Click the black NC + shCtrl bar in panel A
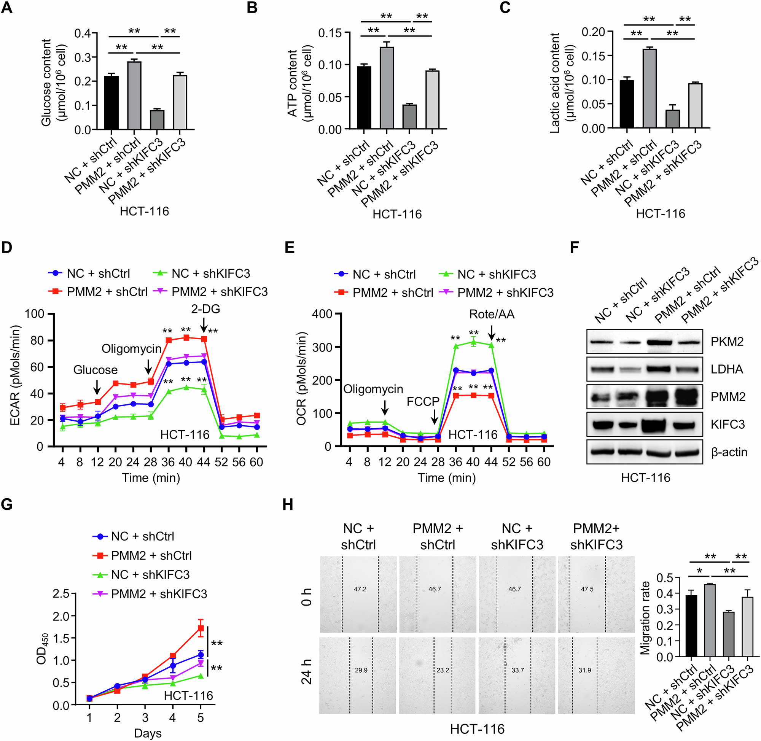pyautogui.click(x=111, y=103)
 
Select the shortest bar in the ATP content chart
pyautogui.click(x=409, y=117)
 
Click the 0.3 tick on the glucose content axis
pyautogui.click(x=83, y=57)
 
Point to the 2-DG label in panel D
pyautogui.click(x=205, y=308)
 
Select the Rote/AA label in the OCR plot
pyautogui.click(x=492, y=314)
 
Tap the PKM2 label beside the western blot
pyautogui.click(x=727, y=341)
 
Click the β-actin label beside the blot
pyautogui.click(x=729, y=452)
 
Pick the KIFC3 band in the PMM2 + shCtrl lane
pyautogui.click(x=659, y=424)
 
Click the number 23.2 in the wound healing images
pyautogui.click(x=443, y=670)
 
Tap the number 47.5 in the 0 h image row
pyautogui.click(x=587, y=589)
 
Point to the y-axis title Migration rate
pyautogui.click(x=645, y=618)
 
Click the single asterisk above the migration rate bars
pyautogui.click(x=699, y=571)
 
